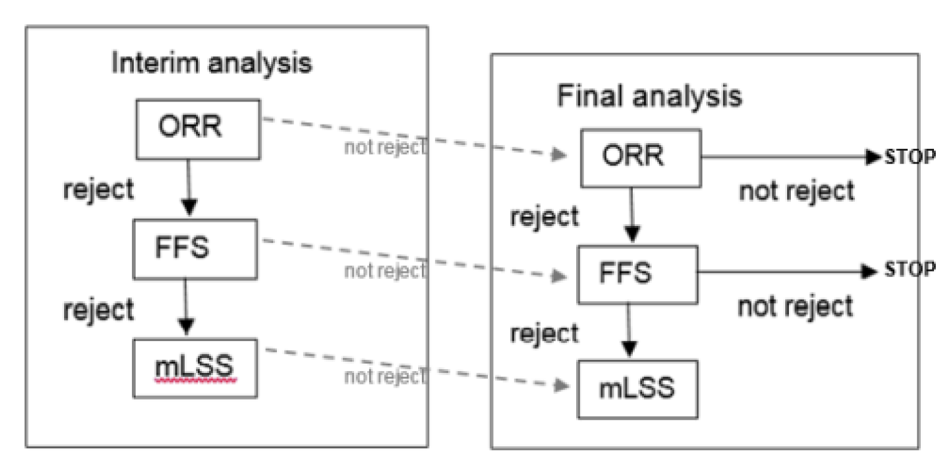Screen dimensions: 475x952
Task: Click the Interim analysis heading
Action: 212,63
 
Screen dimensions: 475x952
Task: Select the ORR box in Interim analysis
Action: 198,128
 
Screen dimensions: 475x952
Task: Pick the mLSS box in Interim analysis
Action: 197,368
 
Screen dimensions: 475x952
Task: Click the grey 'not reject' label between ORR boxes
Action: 385,148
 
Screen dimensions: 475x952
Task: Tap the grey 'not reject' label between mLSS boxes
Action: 385,377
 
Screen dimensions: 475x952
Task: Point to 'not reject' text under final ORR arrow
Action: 796,192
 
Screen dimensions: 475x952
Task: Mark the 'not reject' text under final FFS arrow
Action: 795,306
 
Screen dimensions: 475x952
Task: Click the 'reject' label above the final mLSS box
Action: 544,333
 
